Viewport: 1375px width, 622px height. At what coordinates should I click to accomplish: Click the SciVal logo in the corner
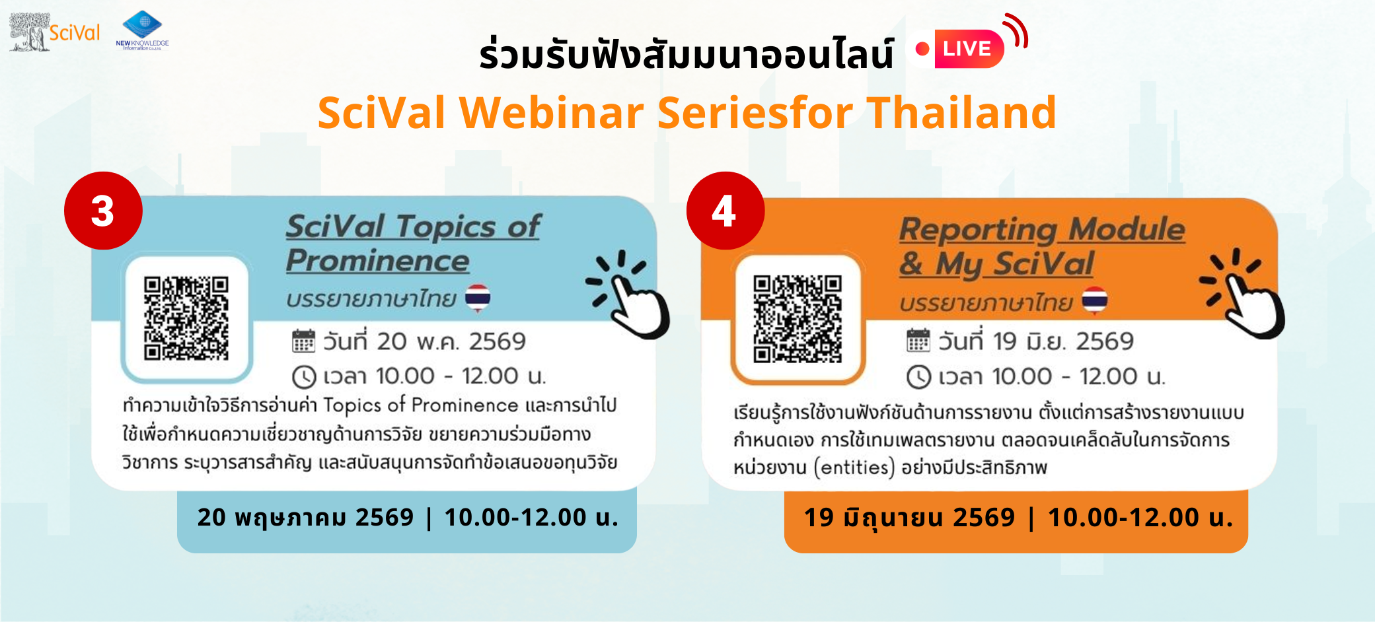tap(55, 32)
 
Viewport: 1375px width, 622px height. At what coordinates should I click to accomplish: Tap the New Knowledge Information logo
tap(142, 30)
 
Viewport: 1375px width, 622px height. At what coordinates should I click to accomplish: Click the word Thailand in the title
tap(961, 112)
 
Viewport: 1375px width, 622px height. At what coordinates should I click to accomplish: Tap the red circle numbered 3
tap(103, 211)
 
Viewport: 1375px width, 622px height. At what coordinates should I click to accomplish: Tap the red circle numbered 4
tap(725, 211)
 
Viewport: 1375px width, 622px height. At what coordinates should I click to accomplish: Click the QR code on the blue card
tap(186, 318)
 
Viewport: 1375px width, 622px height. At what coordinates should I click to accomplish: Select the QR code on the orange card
tap(798, 319)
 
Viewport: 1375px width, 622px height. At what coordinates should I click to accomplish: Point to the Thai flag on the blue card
tap(478, 298)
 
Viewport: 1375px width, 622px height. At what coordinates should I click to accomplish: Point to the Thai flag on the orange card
tap(1095, 300)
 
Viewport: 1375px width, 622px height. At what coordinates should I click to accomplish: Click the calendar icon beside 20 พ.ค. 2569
tap(303, 341)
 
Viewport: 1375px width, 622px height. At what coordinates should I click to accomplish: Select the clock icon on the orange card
tap(918, 377)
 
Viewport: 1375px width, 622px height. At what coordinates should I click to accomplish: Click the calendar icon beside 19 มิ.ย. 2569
tap(918, 341)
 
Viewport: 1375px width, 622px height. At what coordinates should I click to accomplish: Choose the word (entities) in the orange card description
tap(854, 467)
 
